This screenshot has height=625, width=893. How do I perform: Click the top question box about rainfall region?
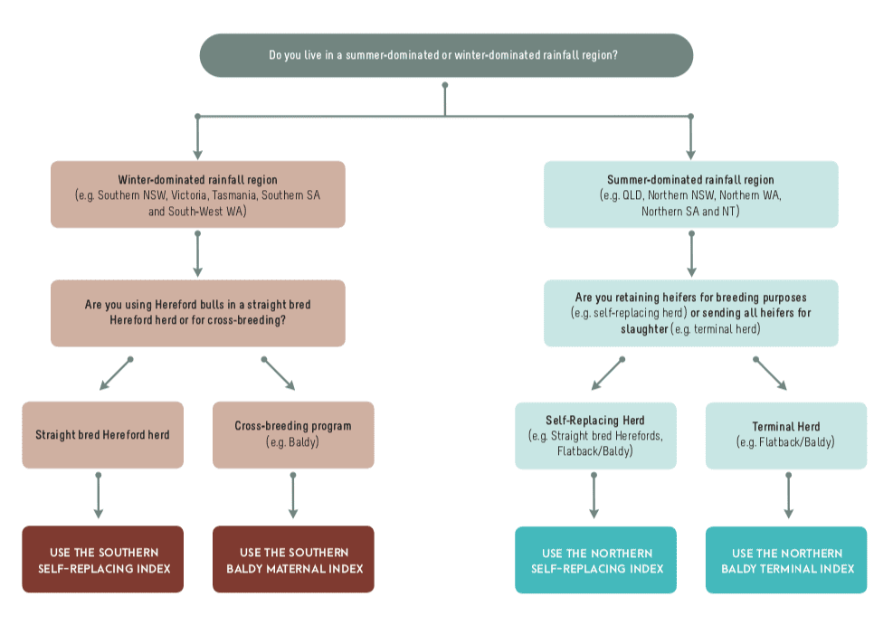click(446, 55)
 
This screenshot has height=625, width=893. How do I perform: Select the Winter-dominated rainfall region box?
click(197, 194)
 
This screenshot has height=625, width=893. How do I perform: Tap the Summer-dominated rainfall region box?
click(691, 194)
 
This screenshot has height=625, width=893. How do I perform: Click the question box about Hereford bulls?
click(197, 313)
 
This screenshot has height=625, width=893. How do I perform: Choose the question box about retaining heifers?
click(691, 313)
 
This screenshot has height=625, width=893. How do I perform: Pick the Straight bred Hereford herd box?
click(102, 435)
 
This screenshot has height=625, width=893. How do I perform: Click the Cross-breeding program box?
click(293, 435)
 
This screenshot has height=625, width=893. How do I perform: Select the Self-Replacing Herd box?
click(595, 435)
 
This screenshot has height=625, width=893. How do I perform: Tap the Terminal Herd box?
click(786, 435)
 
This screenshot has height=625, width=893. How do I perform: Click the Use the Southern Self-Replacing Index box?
click(102, 560)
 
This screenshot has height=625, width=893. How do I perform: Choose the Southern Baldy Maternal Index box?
click(293, 560)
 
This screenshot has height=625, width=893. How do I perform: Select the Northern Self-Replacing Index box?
click(595, 560)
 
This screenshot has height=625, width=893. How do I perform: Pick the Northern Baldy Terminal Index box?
click(786, 560)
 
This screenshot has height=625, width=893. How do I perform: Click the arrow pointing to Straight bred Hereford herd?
click(116, 374)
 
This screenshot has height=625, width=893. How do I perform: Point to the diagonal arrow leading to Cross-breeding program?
click(278, 374)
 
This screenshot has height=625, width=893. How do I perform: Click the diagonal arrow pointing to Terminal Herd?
click(770, 374)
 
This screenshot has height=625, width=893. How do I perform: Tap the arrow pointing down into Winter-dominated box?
click(197, 137)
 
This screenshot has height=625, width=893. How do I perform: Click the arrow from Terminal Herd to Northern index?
click(789, 496)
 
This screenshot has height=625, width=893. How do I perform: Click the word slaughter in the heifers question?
click(644, 329)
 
